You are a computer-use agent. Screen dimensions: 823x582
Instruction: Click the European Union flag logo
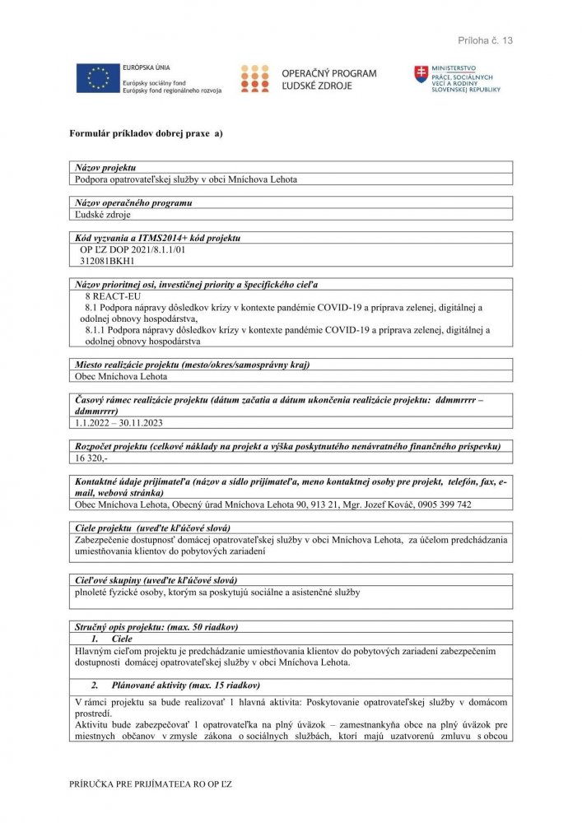[98, 78]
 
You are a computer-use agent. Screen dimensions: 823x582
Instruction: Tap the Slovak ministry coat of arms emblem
[421, 75]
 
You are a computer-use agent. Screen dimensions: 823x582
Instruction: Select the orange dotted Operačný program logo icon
[254, 78]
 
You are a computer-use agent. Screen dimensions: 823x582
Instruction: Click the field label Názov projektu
[105, 167]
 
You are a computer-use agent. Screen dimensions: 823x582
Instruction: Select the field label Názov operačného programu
[133, 202]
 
